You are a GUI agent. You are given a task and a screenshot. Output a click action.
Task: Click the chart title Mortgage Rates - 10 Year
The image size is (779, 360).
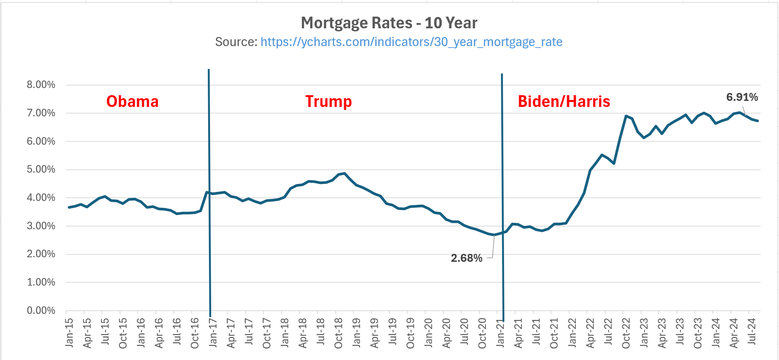[389, 23]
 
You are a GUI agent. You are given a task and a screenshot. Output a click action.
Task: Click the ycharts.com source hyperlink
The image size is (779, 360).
[411, 42]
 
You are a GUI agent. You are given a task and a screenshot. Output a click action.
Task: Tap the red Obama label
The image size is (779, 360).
[132, 101]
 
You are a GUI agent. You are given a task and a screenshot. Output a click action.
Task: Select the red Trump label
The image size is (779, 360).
[328, 101]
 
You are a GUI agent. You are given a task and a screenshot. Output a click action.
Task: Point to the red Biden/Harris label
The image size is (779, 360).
[564, 101]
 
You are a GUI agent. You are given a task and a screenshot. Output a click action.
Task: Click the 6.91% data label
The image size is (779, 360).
[742, 97]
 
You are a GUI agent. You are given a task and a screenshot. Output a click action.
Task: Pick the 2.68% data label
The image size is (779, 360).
[466, 258]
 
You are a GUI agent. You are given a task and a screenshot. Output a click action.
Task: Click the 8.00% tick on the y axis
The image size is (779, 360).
[41, 85]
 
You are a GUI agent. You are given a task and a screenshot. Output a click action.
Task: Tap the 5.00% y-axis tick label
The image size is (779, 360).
[41, 169]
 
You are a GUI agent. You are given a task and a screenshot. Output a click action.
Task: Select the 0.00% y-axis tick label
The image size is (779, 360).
[41, 311]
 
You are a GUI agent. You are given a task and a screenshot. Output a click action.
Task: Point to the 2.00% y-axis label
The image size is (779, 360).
[41, 254]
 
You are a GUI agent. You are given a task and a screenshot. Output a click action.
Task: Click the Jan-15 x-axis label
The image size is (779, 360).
[70, 333]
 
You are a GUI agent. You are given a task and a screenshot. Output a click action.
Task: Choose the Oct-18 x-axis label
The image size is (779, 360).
[338, 333]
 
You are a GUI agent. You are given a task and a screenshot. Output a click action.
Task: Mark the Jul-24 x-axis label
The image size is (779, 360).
[752, 331]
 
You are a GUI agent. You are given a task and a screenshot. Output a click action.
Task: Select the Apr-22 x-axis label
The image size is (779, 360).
[590, 333]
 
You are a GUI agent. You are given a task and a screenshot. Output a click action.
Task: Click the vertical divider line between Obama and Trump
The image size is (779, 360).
[209, 189]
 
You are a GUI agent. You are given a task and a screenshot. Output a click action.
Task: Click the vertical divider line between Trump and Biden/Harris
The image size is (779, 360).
[502, 189]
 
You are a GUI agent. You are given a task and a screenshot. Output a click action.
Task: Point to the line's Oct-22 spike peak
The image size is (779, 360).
[626, 116]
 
